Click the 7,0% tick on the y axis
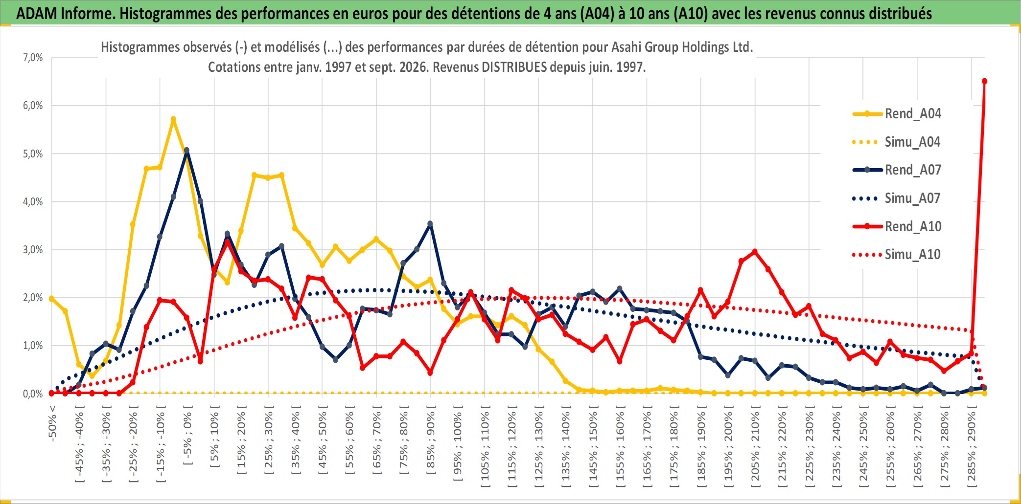tap(33, 58)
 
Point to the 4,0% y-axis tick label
tap(33, 201)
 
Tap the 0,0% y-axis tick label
tap(33, 394)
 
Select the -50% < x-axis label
tap(52, 423)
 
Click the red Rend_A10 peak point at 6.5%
tap(984, 81)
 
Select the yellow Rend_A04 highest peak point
tap(173, 119)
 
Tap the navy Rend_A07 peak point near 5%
tap(186, 150)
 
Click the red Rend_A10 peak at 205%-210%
tap(755, 252)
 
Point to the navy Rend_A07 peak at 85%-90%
tap(430, 224)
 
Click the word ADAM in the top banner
tap(37, 13)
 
